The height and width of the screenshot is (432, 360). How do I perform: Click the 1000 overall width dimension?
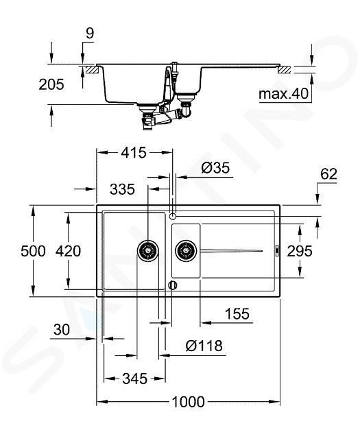click(188, 402)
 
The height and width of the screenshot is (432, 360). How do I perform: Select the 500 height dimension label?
click(33, 251)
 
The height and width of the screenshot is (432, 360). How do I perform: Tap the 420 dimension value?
click(68, 251)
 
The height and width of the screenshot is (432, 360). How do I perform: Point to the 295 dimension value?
click(300, 251)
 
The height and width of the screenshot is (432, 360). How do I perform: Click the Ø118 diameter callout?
click(204, 346)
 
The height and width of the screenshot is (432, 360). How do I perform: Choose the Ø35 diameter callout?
click(215, 168)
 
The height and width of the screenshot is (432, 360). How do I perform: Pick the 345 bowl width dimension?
click(135, 379)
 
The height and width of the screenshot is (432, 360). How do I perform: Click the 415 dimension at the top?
click(134, 153)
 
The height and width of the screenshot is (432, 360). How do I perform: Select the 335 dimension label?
click(122, 189)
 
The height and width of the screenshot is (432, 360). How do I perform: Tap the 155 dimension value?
click(237, 313)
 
